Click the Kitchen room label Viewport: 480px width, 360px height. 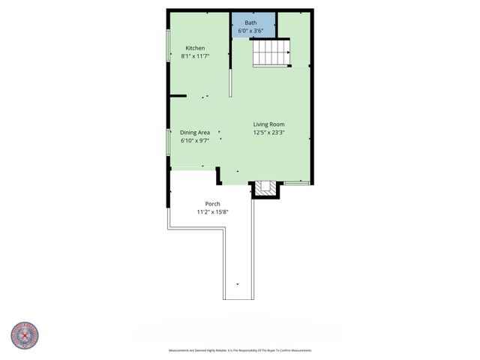coord(195,48)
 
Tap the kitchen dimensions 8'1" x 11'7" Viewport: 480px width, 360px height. coord(195,56)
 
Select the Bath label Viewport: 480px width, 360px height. coord(250,22)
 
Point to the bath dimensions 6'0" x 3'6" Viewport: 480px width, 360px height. coord(250,31)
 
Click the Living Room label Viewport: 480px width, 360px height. coord(268,124)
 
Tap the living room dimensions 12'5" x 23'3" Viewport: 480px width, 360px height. coord(268,133)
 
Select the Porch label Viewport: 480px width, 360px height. coord(212,203)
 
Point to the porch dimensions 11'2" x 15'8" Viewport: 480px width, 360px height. coord(212,211)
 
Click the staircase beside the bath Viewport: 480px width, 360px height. coord(271,53)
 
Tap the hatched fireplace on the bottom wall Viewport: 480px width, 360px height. coord(263,188)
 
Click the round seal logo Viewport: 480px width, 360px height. coord(25,336)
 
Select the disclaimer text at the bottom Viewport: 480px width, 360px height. coord(240,350)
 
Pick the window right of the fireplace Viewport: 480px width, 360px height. coord(296,182)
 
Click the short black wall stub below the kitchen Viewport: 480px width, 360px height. coord(178,96)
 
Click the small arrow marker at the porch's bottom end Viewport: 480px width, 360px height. coord(238,284)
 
